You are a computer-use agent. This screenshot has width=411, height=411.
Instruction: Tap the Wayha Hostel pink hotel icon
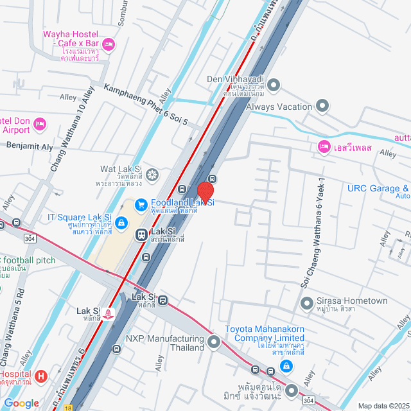click(108, 43)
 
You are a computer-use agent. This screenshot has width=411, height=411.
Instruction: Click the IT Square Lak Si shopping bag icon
click(121, 222)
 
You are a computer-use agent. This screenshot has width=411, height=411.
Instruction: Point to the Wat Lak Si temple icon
click(152, 173)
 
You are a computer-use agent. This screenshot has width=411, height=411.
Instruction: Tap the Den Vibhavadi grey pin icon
click(274, 84)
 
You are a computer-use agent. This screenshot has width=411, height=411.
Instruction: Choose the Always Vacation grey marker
click(322, 107)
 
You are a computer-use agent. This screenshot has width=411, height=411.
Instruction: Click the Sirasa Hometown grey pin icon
click(306, 301)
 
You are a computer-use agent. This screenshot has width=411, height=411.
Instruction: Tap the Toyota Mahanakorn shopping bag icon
click(286, 367)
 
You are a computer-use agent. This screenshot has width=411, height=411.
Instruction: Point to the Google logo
click(21, 403)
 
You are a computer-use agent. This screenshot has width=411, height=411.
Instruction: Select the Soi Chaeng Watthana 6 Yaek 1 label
click(313, 231)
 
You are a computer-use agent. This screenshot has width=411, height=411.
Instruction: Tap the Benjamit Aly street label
click(30, 146)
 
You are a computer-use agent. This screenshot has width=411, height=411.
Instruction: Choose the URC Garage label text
click(378, 189)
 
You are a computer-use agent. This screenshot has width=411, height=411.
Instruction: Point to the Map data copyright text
click(383, 405)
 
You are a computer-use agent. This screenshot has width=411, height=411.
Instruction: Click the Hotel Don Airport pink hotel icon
click(39, 123)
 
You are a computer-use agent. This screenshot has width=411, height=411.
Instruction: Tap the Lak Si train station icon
click(141, 235)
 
